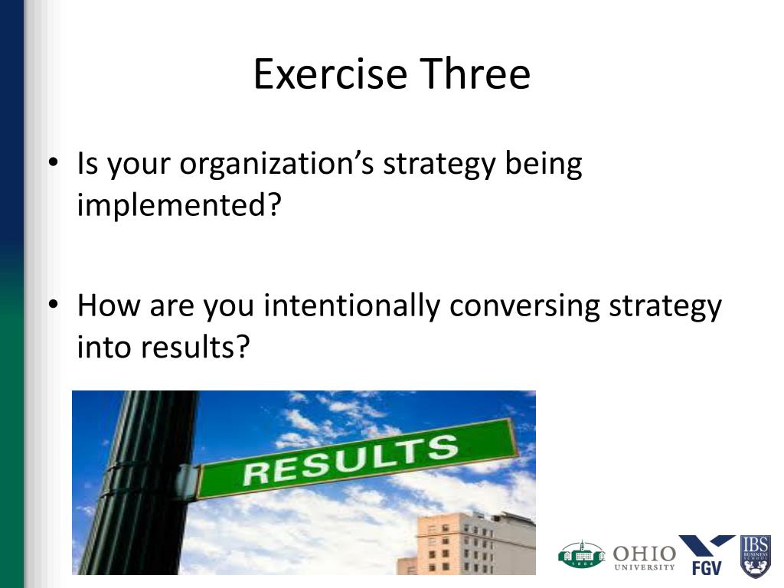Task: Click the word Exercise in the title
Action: (330, 73)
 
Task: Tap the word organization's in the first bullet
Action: (276, 164)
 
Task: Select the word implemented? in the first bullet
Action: (179, 204)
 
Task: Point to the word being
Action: (544, 164)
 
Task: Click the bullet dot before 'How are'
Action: (54, 304)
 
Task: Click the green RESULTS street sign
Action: (358, 460)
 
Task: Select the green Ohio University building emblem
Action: (582, 554)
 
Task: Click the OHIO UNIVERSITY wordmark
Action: (645, 557)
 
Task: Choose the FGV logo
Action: (707, 554)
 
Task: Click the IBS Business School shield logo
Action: (755, 556)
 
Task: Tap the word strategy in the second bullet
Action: (665, 306)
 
